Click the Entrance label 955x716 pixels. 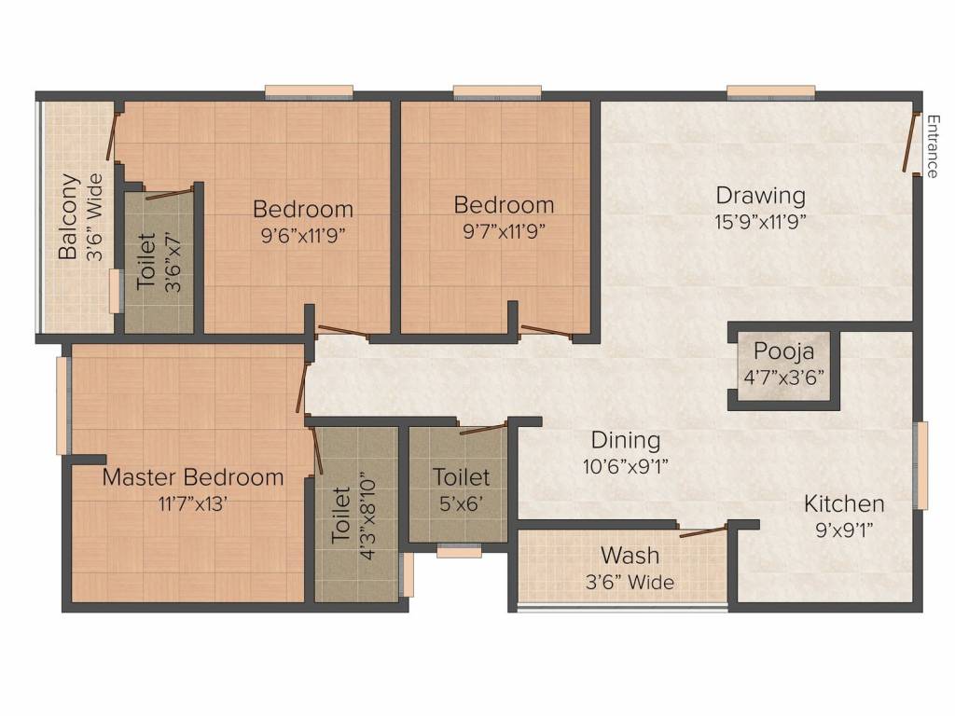(x=932, y=145)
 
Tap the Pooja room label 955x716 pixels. (x=784, y=352)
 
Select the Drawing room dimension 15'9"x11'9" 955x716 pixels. (x=761, y=222)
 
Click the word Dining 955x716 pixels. (x=625, y=440)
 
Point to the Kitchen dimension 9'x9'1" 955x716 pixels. (x=844, y=530)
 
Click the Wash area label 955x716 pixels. (x=630, y=556)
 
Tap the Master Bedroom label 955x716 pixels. (x=193, y=477)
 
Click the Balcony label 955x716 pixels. (x=68, y=217)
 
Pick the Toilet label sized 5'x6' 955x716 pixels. (x=461, y=477)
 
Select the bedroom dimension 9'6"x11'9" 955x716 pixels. (x=303, y=235)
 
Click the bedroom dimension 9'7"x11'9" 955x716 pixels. (x=504, y=231)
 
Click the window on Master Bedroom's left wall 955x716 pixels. (x=62, y=406)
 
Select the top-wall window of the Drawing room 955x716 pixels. (x=770, y=91)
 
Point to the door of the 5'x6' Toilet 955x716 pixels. (x=483, y=429)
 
